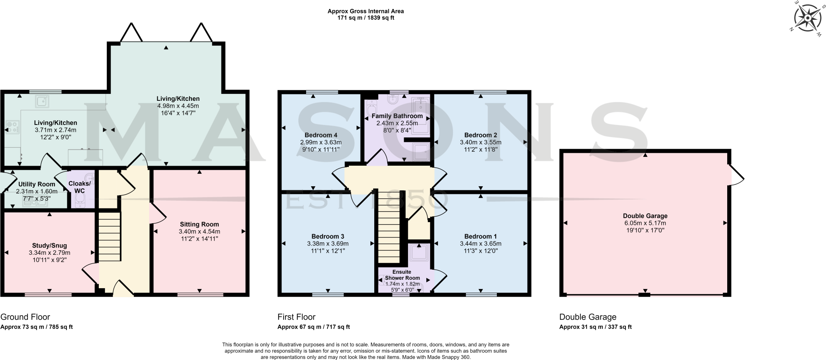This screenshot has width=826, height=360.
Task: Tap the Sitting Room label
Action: click(199, 225)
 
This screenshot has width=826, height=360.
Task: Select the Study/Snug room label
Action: click(50, 246)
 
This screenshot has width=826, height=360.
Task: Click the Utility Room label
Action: click(37, 184)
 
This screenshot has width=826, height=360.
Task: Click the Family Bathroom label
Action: click(397, 116)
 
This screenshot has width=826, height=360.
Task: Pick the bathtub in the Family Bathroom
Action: click(421, 114)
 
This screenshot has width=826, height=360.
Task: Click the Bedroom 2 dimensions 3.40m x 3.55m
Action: click(480, 142)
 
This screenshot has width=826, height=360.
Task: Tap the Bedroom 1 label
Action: click(480, 236)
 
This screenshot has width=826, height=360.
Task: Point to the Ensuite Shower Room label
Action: click(402, 275)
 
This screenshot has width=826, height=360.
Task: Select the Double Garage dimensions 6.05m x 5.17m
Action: click(645, 223)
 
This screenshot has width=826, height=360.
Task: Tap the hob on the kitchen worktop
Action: click(12, 127)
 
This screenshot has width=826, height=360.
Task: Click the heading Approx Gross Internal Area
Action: click(365, 11)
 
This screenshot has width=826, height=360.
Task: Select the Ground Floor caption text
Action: click(25, 317)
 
